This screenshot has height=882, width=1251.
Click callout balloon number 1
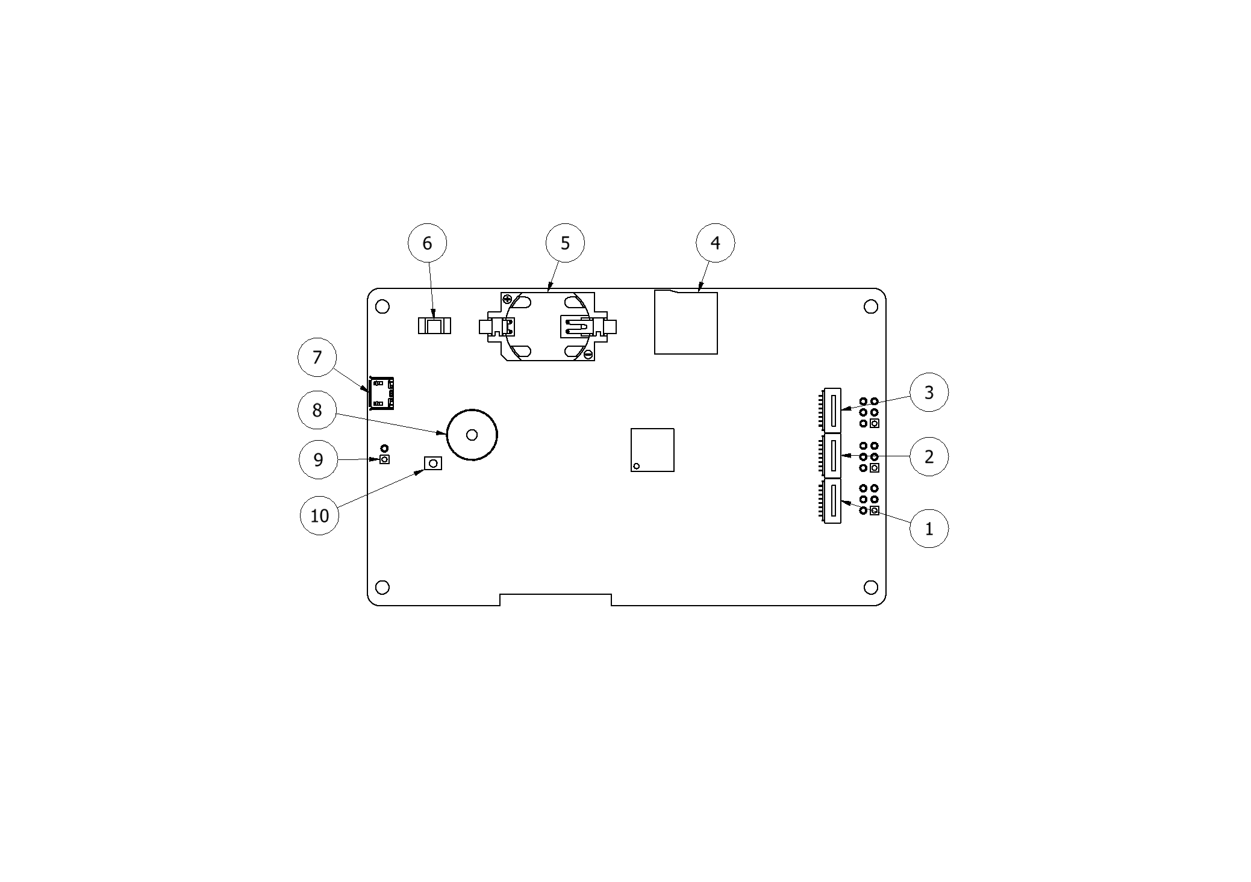(x=928, y=529)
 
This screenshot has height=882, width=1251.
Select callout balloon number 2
(x=928, y=456)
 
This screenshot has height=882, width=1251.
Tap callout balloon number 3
(x=928, y=393)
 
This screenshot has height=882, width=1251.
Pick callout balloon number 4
(x=715, y=243)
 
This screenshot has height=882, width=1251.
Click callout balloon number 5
(x=564, y=243)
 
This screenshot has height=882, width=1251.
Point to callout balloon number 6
(x=427, y=243)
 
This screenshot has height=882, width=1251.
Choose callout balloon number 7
(x=317, y=357)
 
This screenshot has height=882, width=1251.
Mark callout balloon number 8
(x=317, y=410)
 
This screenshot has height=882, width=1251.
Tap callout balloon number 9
(x=318, y=460)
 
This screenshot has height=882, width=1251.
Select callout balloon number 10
(x=319, y=515)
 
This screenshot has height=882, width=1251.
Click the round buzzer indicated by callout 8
(x=472, y=435)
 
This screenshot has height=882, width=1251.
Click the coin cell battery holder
(x=548, y=327)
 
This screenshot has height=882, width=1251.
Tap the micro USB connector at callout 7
(x=381, y=393)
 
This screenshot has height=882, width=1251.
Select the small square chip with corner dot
(x=652, y=450)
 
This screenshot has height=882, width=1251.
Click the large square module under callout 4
(x=685, y=323)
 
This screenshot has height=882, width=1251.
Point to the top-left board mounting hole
(x=382, y=307)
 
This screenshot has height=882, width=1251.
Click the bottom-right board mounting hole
(x=870, y=587)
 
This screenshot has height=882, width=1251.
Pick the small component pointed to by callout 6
(x=434, y=326)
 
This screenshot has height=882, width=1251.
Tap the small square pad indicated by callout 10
(x=433, y=463)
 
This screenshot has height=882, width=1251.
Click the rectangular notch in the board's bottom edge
(x=555, y=600)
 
